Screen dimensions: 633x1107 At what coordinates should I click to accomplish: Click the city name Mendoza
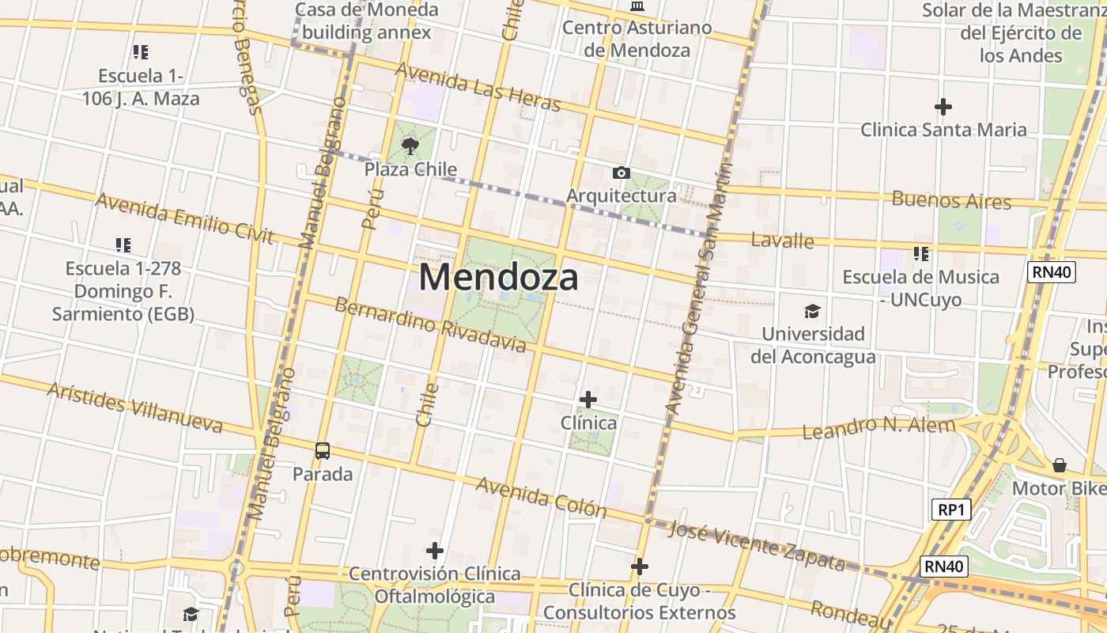point(498,278)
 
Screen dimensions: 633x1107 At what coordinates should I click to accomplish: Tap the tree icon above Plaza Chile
point(410,146)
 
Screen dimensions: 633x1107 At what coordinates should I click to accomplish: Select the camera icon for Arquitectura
point(622,172)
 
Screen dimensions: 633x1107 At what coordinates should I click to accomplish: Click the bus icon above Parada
point(323,451)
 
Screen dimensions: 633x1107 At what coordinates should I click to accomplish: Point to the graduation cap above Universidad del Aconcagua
point(812,311)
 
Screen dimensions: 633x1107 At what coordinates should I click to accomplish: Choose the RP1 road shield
point(950,510)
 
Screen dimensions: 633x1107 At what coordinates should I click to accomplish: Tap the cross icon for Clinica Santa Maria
point(943,107)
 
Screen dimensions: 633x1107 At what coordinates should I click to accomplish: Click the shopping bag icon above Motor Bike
point(1060,465)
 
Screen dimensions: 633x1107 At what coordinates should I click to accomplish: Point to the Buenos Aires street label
point(951,199)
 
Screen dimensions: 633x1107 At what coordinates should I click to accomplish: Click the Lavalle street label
point(782,240)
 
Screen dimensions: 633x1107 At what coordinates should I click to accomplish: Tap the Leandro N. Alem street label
point(878,428)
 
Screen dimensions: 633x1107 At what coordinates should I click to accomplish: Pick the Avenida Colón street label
point(541,497)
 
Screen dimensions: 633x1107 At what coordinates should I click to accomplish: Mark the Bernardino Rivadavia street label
point(430,324)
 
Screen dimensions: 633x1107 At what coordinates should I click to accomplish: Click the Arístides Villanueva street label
point(134,407)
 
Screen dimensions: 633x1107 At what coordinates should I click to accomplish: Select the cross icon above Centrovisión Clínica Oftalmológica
point(434,551)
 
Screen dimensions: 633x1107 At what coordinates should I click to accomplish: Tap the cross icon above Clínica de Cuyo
point(640,567)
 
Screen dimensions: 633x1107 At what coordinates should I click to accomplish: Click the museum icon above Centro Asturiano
point(637,6)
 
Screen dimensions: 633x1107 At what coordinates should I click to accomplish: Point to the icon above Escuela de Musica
point(921,254)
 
